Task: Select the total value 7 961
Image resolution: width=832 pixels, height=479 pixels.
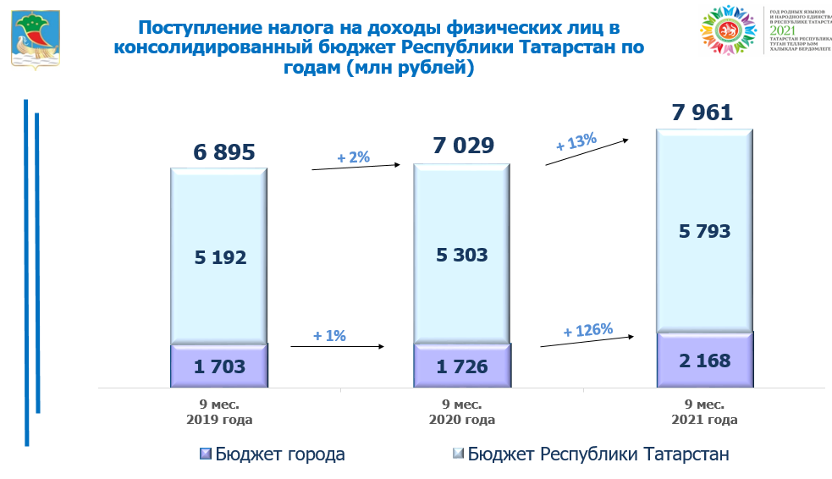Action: tap(703, 113)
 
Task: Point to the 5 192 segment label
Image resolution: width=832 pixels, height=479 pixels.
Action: tap(219, 257)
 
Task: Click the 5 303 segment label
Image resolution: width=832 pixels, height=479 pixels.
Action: tap(461, 254)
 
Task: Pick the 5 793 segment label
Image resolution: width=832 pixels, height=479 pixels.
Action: tap(704, 230)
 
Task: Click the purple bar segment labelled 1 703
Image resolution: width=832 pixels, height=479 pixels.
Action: tap(219, 366)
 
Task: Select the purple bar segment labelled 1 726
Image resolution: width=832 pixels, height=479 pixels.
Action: tap(461, 366)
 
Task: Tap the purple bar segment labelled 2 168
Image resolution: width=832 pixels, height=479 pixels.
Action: tap(704, 360)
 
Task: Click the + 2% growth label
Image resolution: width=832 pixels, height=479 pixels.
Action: tap(353, 157)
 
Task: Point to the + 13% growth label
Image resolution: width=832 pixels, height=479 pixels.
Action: tap(576, 140)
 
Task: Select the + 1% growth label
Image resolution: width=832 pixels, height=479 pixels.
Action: tap(329, 335)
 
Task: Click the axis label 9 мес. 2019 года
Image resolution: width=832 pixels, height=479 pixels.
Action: tap(220, 411)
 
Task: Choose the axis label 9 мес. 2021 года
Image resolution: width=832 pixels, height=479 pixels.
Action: tap(704, 411)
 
